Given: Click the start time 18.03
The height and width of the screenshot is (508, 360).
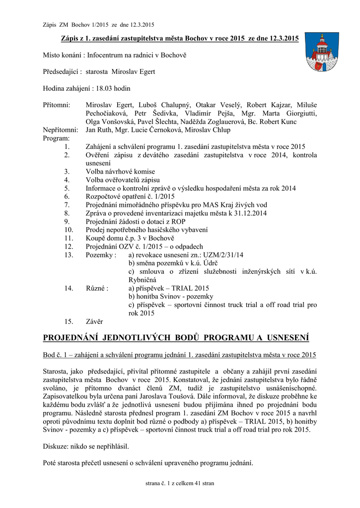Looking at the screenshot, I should pyautogui.click(x=104, y=88).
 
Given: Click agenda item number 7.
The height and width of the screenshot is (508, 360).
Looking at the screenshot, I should pyautogui.click(x=67, y=205).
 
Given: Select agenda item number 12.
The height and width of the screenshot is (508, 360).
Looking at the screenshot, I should pyautogui.click(x=69, y=247).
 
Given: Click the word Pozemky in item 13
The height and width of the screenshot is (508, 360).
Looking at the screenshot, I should pyautogui.click(x=99, y=255).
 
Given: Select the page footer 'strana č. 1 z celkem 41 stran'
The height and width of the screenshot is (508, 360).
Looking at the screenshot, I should pyautogui.click(x=180, y=483).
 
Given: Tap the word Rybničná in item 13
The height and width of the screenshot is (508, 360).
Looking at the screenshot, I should pyautogui.click(x=144, y=280).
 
